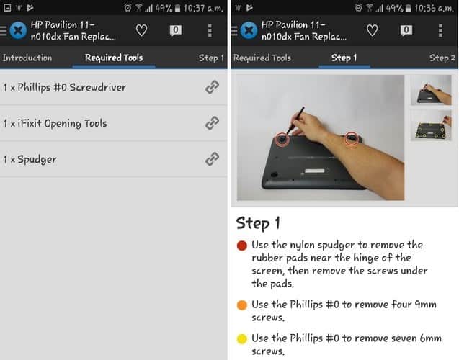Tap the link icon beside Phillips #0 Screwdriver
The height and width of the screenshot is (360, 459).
[212, 87]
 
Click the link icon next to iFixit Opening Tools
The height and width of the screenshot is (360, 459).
[212, 123]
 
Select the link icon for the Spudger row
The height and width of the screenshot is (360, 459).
[212, 159]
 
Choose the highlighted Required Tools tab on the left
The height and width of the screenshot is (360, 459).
[114, 58]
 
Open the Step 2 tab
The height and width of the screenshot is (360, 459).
[442, 58]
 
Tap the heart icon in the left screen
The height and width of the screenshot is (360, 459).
[142, 30]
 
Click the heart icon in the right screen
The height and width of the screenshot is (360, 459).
[372, 30]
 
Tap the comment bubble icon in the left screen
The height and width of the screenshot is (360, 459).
[175, 30]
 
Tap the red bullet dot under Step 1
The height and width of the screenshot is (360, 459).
[242, 246]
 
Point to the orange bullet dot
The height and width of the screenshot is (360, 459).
[242, 305]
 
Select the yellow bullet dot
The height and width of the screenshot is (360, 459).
[242, 338]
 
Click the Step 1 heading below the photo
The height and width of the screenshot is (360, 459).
[258, 223]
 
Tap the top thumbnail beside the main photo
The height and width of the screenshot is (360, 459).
[431, 91]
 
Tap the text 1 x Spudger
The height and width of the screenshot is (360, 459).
[30, 159]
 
